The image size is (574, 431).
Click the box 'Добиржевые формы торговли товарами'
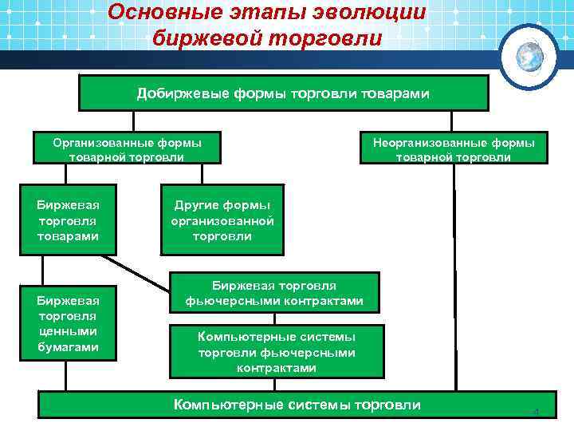point(283,93)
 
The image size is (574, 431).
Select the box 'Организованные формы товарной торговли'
point(127,148)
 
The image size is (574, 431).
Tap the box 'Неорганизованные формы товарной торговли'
point(454,148)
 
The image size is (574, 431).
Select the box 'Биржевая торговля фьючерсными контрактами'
point(274,293)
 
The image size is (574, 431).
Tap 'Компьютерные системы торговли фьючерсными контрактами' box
point(277,351)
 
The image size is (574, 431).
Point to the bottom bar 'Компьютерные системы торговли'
point(297,405)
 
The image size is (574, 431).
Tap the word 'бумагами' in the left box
point(68,347)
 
